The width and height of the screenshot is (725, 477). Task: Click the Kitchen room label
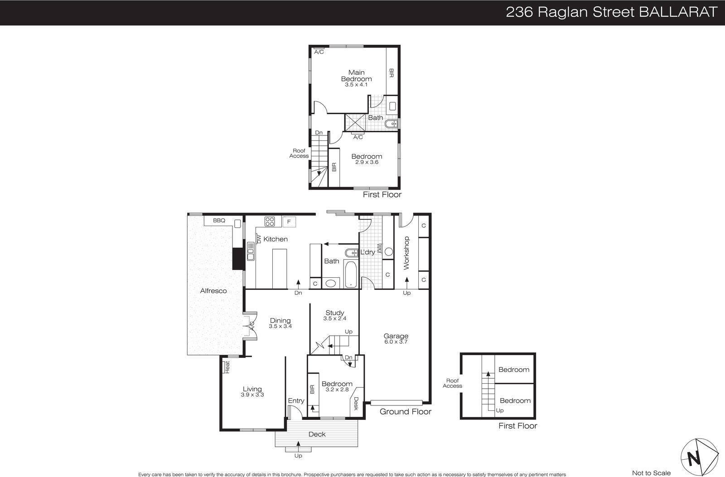275,239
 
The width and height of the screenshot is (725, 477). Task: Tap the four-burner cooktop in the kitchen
270,222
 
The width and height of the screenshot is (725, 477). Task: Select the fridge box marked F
289,222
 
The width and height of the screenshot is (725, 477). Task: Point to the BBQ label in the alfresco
219,220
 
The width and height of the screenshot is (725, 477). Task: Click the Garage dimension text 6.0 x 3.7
396,342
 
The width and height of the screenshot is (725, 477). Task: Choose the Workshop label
406,253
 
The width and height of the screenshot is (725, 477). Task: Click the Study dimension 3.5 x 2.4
335,318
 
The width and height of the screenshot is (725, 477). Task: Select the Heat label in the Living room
227,367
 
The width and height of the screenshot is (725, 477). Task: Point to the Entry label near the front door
296,400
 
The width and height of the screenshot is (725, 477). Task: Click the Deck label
317,434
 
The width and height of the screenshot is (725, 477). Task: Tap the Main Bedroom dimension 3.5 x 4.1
356,85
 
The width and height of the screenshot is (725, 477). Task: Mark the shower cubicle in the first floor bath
355,122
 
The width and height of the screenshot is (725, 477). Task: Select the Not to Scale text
651,473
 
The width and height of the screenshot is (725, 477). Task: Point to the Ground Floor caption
405,412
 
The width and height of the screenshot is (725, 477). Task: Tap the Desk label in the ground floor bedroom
356,404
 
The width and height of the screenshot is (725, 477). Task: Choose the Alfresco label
213,291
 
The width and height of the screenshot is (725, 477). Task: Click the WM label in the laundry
379,248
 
